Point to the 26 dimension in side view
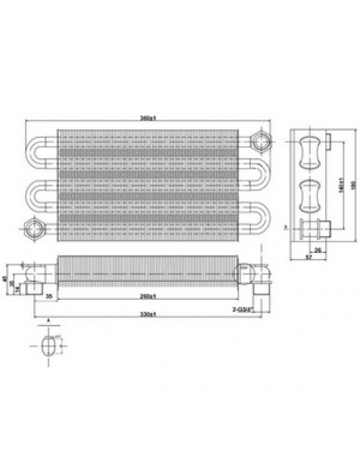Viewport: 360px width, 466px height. tap(318, 250)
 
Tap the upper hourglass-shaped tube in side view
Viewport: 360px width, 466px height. tap(308, 154)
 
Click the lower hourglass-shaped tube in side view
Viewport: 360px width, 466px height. tap(308, 194)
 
